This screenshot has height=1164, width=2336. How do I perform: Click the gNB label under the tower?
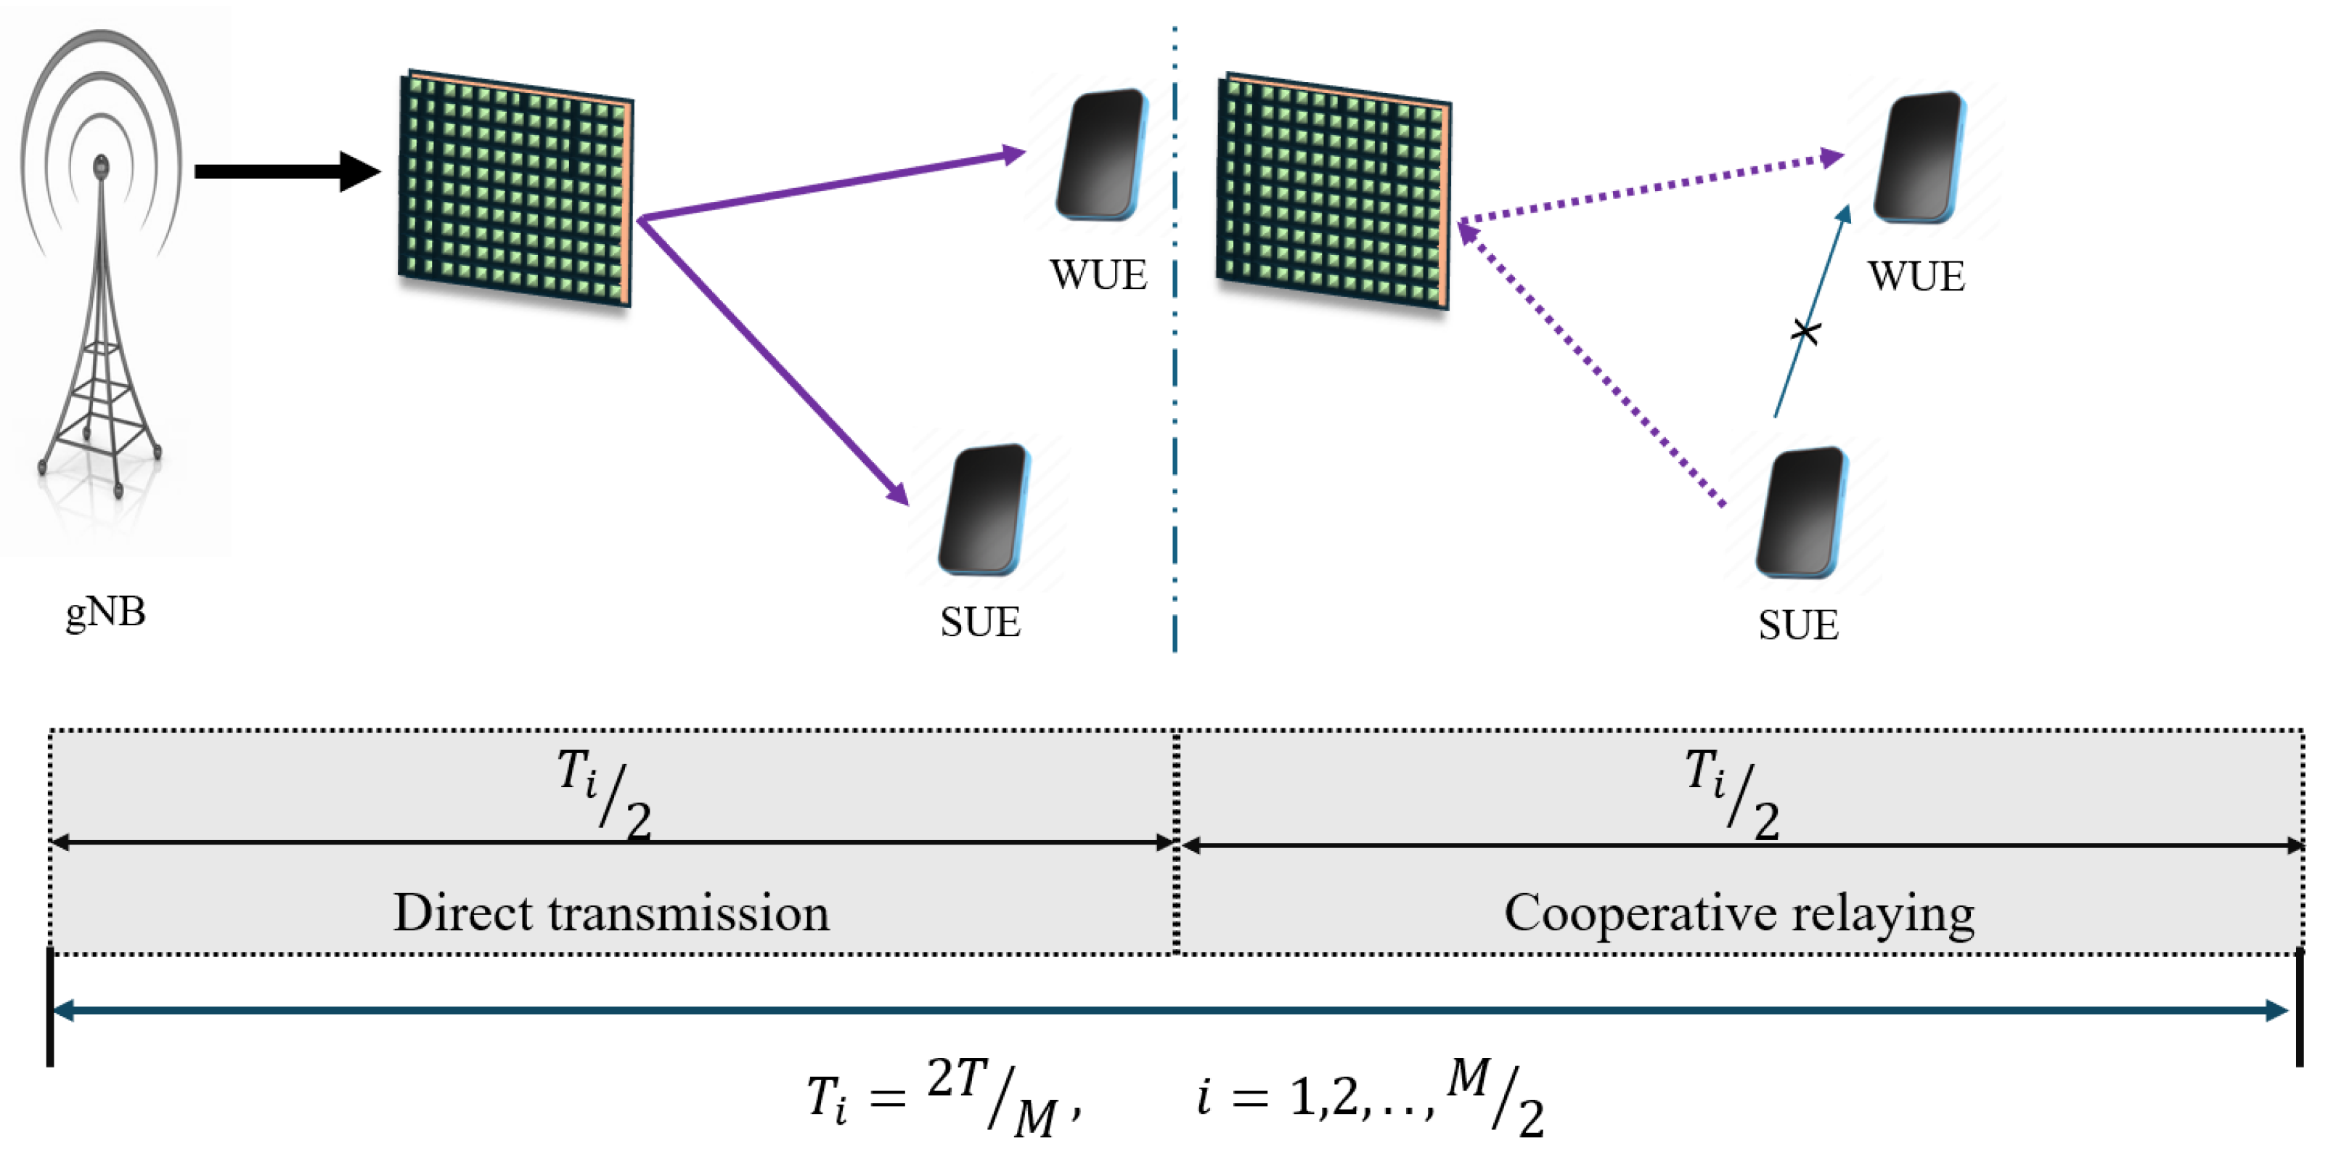pos(105,611)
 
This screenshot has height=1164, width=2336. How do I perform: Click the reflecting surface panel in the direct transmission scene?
pos(515,188)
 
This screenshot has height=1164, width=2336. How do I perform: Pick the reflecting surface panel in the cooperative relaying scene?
pos(1333,190)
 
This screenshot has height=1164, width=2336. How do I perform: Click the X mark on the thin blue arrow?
pos(1805,332)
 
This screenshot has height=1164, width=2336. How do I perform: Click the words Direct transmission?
pos(611,913)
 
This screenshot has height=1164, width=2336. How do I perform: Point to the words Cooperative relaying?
pos(1739,913)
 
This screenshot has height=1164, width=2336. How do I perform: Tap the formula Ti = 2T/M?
pos(943,1099)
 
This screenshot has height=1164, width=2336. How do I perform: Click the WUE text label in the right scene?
pos(1916,276)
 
